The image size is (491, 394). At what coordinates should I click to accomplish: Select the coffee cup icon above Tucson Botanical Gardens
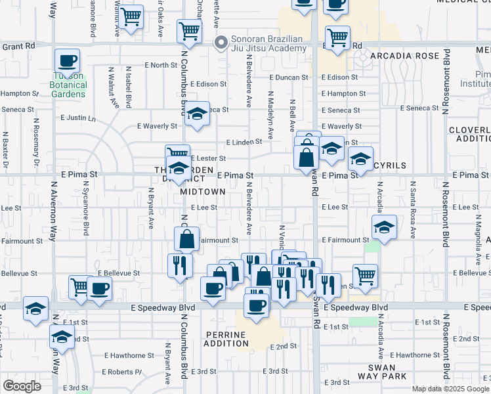pos(68,61)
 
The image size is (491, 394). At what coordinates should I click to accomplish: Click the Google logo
pos(22,385)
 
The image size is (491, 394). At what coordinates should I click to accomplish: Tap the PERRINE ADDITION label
pos(226,339)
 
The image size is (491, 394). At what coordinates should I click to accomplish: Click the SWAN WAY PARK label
pos(382,372)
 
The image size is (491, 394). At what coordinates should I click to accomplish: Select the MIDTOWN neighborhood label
pos(203,191)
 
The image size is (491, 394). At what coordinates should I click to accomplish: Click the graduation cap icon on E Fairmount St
pos(384,227)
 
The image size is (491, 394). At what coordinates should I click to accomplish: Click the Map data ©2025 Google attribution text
pos(449,389)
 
